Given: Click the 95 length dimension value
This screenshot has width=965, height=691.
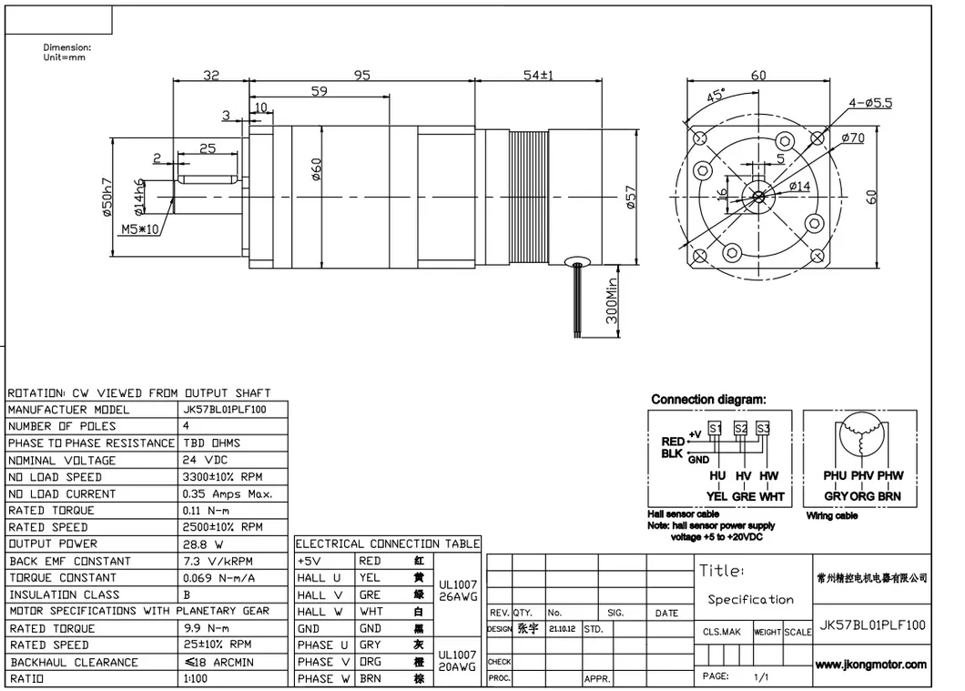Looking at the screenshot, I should tap(362, 76).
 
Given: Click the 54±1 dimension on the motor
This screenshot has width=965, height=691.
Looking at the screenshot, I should tap(539, 76).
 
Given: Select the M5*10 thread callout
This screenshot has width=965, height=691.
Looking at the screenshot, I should tap(139, 229).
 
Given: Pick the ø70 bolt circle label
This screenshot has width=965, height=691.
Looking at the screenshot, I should tap(853, 137).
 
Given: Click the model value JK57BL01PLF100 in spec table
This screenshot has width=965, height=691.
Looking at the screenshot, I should tap(225, 410).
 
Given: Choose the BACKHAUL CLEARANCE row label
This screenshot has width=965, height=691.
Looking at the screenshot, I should tap(74, 662).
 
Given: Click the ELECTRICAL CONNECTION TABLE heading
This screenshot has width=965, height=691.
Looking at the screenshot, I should tap(387, 544).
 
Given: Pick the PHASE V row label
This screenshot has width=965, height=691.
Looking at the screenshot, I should tap(323, 662).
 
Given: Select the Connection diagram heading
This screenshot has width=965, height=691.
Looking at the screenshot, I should tap(708, 399).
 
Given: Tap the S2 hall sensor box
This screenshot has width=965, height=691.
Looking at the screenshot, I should tap(740, 428).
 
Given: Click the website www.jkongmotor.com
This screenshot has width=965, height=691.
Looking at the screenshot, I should tap(871, 665).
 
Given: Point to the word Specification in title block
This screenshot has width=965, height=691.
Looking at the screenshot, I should tap(750, 599).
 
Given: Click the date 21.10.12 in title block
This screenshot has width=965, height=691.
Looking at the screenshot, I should tap(561, 629).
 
